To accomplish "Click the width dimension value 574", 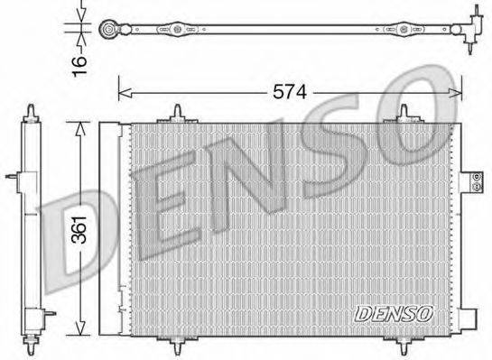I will coord(291,91).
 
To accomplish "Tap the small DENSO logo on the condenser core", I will coord(394,313).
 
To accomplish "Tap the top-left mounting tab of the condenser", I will coord(179,115).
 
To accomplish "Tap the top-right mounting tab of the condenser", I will coord(403,115).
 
